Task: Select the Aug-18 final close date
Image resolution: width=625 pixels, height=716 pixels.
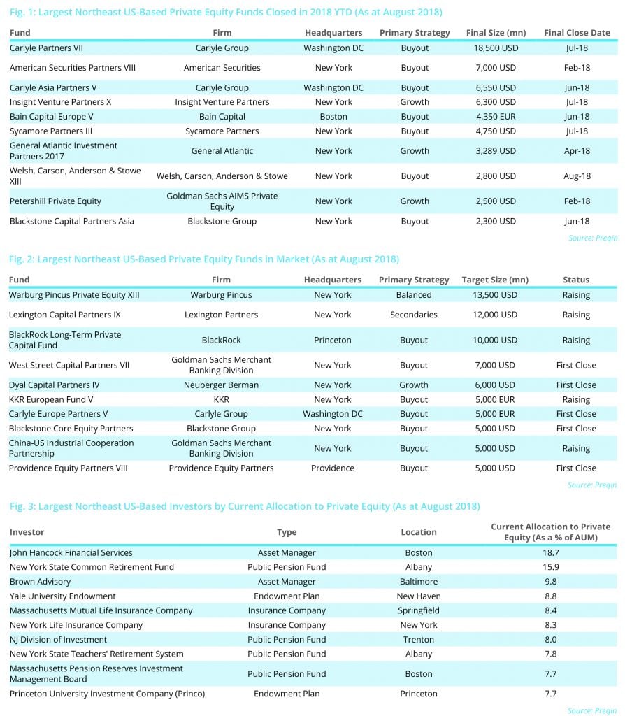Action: [x=577, y=176]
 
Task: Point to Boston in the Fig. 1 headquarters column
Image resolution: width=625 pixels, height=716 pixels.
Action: [x=333, y=117]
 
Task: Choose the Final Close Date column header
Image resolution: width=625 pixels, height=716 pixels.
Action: [x=577, y=33]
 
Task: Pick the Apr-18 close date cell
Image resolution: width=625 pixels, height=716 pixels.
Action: [x=577, y=151]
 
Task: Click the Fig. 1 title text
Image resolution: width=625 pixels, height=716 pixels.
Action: [x=226, y=13]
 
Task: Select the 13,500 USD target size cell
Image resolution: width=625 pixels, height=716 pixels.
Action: [x=489, y=295]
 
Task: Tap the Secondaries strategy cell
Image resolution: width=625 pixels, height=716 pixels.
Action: [x=414, y=315]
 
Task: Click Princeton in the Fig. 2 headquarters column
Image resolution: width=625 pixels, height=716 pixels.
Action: [x=333, y=341]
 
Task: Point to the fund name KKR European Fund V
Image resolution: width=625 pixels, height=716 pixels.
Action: [x=51, y=400]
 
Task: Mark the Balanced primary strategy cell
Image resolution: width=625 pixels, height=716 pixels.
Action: [x=414, y=295]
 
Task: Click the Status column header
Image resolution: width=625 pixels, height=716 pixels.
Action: [x=576, y=280]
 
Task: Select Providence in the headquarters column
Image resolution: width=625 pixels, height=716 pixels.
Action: [x=333, y=468]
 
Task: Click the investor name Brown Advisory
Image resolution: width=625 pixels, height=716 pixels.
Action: [x=40, y=582]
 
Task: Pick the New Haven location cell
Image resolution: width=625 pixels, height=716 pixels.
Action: [x=419, y=596]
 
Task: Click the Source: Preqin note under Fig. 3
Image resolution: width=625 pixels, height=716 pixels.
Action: [x=592, y=710]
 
